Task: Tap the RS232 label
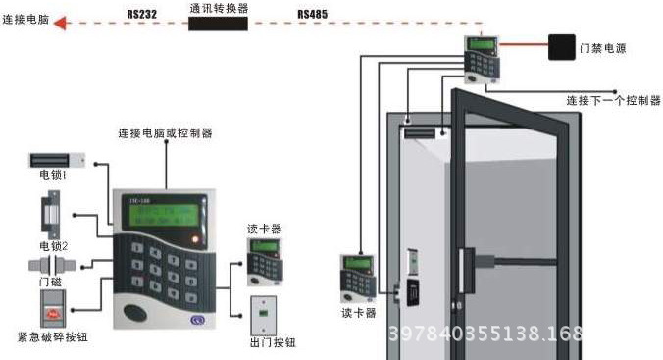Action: [x=141, y=14]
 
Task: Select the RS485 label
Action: [x=313, y=14]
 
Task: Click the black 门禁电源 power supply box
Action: [x=562, y=48]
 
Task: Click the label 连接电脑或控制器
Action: [x=165, y=132]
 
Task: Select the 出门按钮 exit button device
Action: [x=264, y=312]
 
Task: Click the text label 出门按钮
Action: [x=266, y=342]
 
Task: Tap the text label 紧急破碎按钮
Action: [x=53, y=338]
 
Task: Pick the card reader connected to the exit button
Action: [x=261, y=262]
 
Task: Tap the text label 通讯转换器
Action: [x=218, y=7]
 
